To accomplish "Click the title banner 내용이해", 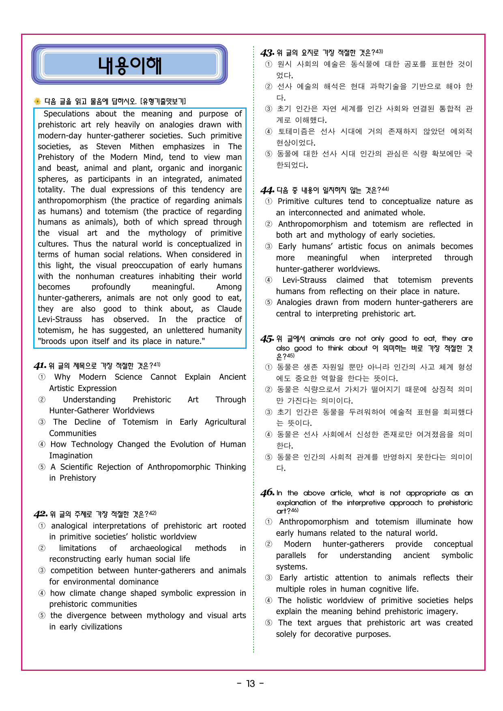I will tap(129, 65).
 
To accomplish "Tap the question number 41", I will tap(40, 366).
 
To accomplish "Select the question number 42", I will tap(40, 514).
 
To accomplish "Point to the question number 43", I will tap(267, 53).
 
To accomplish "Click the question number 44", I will tap(267, 190).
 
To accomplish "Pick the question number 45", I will tap(267, 339).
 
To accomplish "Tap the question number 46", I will tap(267, 493).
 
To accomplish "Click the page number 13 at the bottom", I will tap(251, 684).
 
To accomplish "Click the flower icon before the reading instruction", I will tap(37, 101).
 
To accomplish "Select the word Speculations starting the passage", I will tap(66, 114).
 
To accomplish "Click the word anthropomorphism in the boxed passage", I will tap(72, 201).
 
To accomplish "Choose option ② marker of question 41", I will tap(42, 400).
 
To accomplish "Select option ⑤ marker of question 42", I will tap(42, 615).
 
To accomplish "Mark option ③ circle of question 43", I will tap(269, 109).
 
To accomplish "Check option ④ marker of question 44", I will tap(269, 280).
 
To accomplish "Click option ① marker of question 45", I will tap(269, 367).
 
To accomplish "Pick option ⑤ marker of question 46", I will tap(269, 623).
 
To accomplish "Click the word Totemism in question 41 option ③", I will tap(140, 422).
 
